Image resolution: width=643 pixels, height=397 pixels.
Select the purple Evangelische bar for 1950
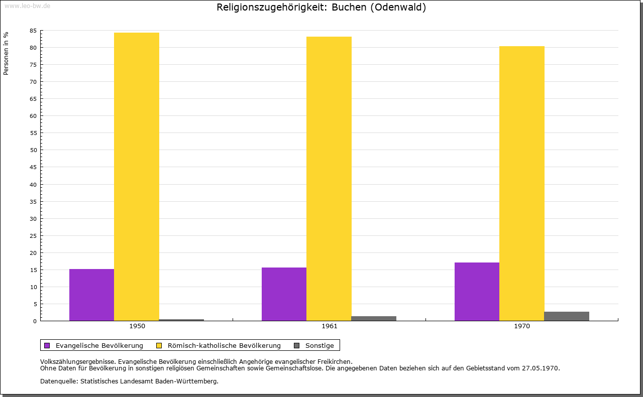point(91,295)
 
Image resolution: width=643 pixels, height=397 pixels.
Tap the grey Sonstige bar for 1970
point(567,316)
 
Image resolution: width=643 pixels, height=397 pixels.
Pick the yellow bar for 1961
point(329,179)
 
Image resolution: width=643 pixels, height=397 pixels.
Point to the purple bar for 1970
point(477,292)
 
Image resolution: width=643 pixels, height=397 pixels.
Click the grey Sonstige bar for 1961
point(374,318)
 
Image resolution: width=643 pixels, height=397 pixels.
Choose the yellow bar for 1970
point(521,183)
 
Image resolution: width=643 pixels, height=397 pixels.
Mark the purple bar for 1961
point(284,294)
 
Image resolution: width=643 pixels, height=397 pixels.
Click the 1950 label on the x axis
point(137,326)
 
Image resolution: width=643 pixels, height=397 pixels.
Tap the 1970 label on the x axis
point(522,326)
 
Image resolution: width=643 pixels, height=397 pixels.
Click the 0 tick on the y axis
point(35,321)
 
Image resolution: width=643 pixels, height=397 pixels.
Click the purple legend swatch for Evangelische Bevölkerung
point(47,345)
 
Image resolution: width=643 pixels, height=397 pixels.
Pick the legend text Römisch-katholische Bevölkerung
point(224,345)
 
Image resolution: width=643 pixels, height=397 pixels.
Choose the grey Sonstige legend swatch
point(296,345)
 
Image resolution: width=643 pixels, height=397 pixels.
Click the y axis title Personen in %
point(6,53)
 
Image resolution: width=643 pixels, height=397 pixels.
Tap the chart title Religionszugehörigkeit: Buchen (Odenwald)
point(321,8)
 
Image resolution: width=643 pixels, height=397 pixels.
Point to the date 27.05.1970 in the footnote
point(540,368)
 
